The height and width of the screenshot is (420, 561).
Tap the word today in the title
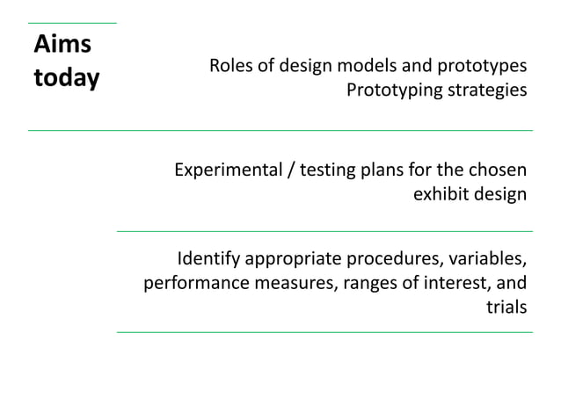click(x=66, y=78)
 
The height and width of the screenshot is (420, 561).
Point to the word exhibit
click(x=439, y=193)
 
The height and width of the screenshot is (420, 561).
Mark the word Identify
click(x=208, y=260)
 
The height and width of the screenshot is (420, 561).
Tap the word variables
click(x=484, y=260)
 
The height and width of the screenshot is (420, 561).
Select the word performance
click(x=188, y=284)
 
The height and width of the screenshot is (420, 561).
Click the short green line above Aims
click(x=72, y=22)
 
